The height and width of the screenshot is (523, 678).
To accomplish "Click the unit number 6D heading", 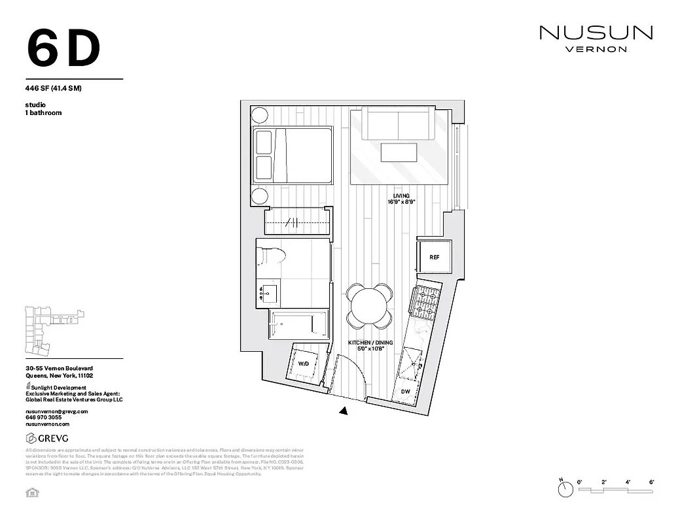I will [x=64, y=48].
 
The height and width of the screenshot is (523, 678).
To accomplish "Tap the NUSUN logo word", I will [x=596, y=32].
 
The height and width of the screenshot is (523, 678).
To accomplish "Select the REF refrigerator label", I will [x=435, y=257].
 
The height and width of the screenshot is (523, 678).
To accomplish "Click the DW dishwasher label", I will [x=405, y=392].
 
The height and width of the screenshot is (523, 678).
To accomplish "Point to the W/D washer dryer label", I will [x=304, y=363].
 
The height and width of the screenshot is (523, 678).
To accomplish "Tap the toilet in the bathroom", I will [x=271, y=254].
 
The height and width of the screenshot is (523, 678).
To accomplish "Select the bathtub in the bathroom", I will [x=298, y=324].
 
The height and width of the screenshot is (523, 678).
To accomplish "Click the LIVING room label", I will [x=401, y=196].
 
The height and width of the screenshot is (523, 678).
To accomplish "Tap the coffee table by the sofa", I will [x=399, y=153].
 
